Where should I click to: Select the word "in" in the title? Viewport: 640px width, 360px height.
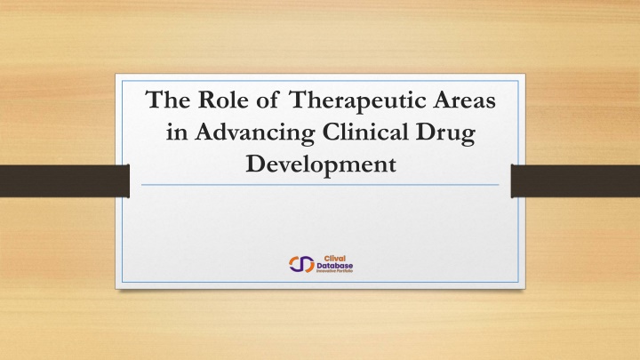point(177,133)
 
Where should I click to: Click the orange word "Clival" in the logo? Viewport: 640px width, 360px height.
point(322,257)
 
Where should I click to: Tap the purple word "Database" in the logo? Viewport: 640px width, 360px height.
point(331,264)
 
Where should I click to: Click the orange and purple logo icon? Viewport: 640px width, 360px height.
point(300,263)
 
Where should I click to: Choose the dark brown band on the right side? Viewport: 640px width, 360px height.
point(578,181)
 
